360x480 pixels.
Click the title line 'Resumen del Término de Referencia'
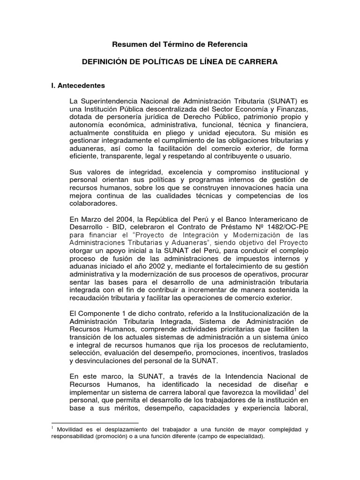180,44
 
